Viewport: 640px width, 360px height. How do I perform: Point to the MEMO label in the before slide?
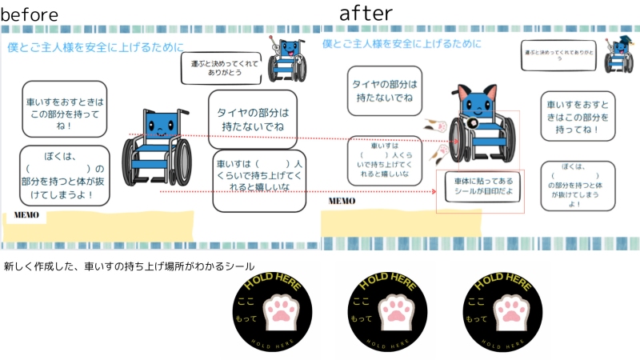(x=25, y=216)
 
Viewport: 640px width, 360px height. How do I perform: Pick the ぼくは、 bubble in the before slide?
(x=64, y=171)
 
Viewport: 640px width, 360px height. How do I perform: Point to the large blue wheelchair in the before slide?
(x=158, y=146)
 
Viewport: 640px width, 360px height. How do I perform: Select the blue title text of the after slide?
(x=402, y=44)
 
